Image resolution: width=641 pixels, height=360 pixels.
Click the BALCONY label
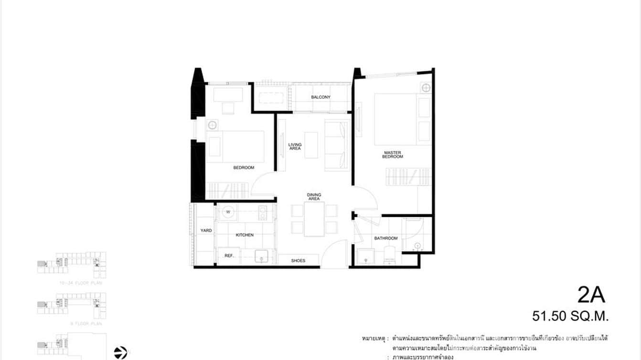pyautogui.click(x=320, y=97)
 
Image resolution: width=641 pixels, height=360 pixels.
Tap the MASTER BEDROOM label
pyautogui.click(x=393, y=155)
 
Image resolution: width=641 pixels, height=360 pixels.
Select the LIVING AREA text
pyautogui.click(x=295, y=147)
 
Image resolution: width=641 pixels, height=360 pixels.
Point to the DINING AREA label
pyautogui.click(x=314, y=197)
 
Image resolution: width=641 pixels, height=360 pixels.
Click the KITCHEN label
pyautogui.click(x=245, y=235)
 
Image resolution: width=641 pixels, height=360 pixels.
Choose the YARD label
pyautogui.click(x=206, y=231)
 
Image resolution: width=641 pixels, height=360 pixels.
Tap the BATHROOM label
pyautogui.click(x=385, y=238)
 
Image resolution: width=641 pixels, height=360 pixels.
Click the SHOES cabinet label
pyautogui.click(x=298, y=260)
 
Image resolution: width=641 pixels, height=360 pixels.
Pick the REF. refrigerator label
pyautogui.click(x=229, y=255)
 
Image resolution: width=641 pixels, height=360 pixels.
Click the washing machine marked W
pyautogui.click(x=228, y=212)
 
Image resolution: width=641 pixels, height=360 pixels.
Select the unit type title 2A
pyautogui.click(x=591, y=296)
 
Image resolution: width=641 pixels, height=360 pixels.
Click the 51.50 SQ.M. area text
pyautogui.click(x=571, y=316)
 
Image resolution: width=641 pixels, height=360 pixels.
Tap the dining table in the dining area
pyautogui.click(x=314, y=219)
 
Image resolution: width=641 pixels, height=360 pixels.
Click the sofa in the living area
pyautogui.click(x=337, y=146)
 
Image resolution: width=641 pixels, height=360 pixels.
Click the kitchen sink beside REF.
pyautogui.click(x=262, y=256)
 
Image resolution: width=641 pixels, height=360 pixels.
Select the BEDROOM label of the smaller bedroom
pyautogui.click(x=244, y=168)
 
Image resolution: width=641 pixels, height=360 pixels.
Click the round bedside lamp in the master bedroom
pyautogui.click(x=426, y=88)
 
